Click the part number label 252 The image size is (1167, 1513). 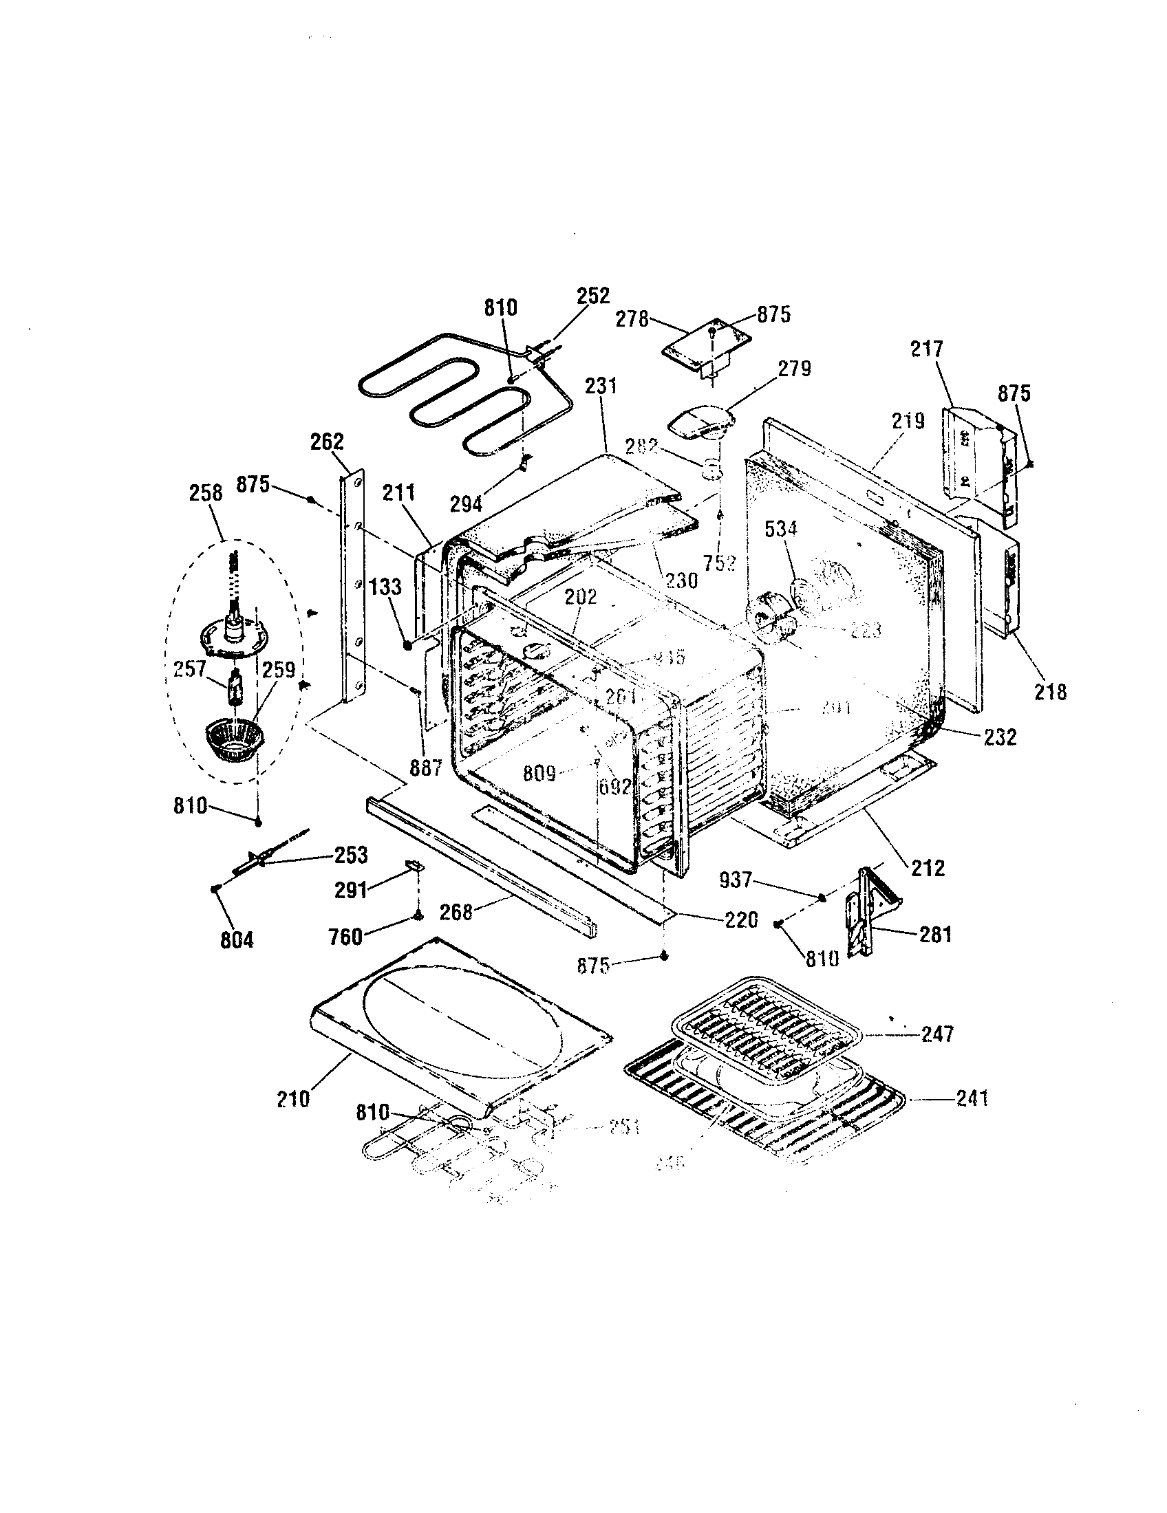tap(593, 296)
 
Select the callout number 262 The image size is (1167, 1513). tap(327, 442)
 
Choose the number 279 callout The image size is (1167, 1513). tap(794, 368)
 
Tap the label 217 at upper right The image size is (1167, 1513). tap(927, 349)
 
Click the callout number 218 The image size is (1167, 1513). tap(1050, 690)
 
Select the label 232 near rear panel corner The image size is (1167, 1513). tap(1000, 737)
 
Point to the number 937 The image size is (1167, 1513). tap(736, 879)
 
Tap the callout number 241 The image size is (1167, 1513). tap(972, 1098)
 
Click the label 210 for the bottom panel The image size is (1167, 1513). tap(293, 1099)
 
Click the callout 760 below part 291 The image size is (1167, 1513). tap(347, 937)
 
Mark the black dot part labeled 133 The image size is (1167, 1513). tap(407, 645)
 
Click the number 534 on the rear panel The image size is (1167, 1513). tap(781, 529)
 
